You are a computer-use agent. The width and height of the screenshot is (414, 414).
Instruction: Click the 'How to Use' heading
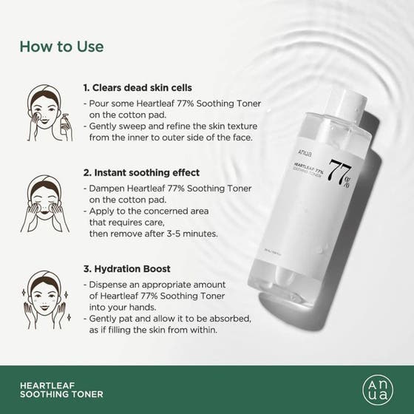pyautogui.click(x=61, y=47)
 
